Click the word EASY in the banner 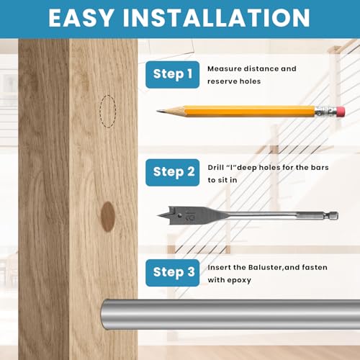[x=81, y=18]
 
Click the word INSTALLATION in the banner [x=217, y=18]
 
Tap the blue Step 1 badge [x=173, y=74]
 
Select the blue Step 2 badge [x=173, y=172]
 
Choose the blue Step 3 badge [x=173, y=273]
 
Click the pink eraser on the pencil [x=341, y=112]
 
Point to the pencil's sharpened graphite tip [x=159, y=111]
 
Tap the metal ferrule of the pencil [x=325, y=112]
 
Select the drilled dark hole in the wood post [x=107, y=217]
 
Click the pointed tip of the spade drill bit [x=159, y=215]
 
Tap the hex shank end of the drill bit [x=333, y=215]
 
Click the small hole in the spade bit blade [x=179, y=215]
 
